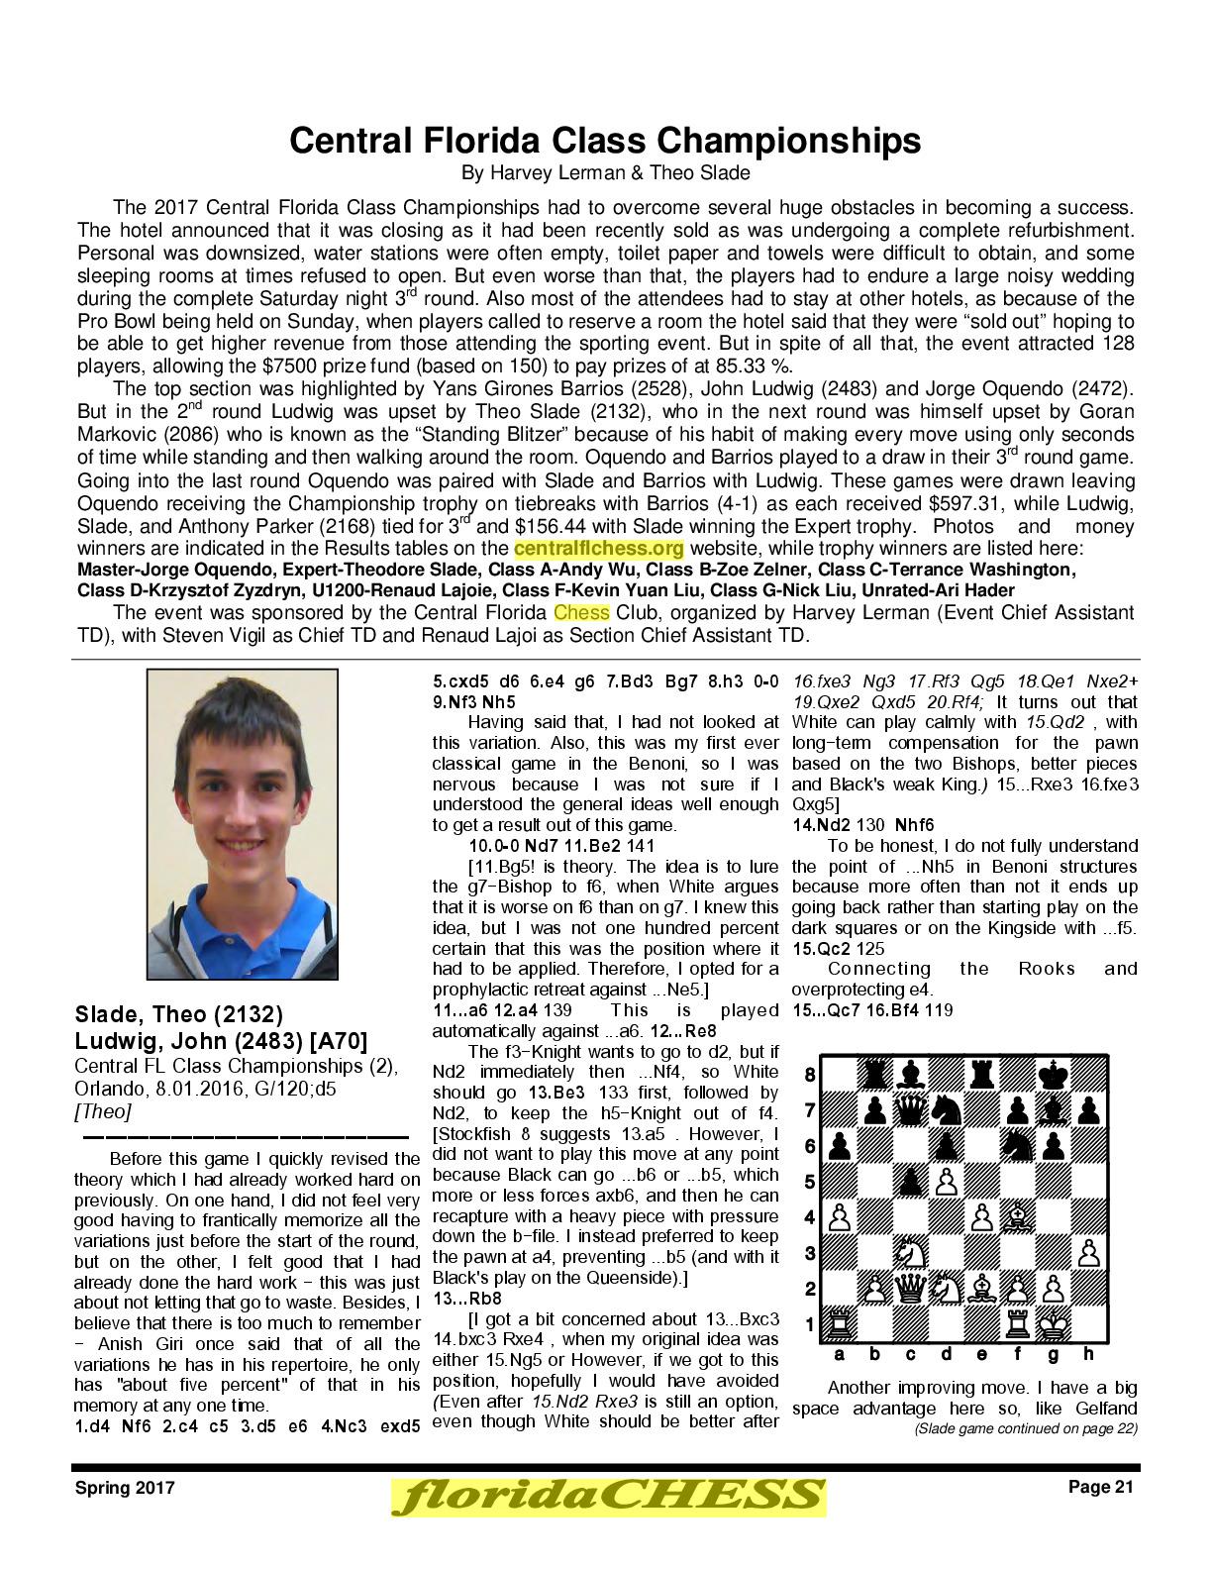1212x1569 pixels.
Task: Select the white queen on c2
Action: point(910,1290)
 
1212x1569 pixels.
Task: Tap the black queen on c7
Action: point(910,1111)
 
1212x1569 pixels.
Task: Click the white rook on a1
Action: point(839,1325)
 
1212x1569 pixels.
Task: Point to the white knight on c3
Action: point(910,1254)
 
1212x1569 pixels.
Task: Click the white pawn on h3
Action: point(1087,1254)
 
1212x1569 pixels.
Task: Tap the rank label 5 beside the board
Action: point(809,1182)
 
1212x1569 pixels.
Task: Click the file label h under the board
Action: point(1087,1354)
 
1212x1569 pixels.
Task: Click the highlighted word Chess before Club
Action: point(581,613)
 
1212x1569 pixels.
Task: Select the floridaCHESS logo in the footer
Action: point(607,1496)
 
